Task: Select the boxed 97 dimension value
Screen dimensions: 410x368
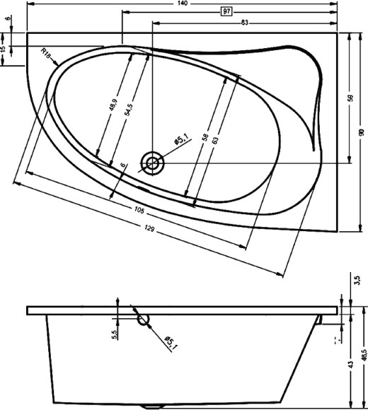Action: [x=227, y=12]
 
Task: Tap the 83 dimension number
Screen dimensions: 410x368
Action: [x=244, y=22]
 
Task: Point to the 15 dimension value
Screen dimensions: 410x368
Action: [x=4, y=50]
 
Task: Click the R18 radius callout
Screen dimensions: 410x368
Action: [x=47, y=54]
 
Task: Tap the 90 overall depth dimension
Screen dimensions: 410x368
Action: [x=362, y=132]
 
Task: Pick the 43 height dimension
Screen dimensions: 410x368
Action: [x=350, y=365]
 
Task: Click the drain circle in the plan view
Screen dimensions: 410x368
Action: [x=151, y=163]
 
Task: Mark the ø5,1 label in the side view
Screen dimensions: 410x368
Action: [x=171, y=344]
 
